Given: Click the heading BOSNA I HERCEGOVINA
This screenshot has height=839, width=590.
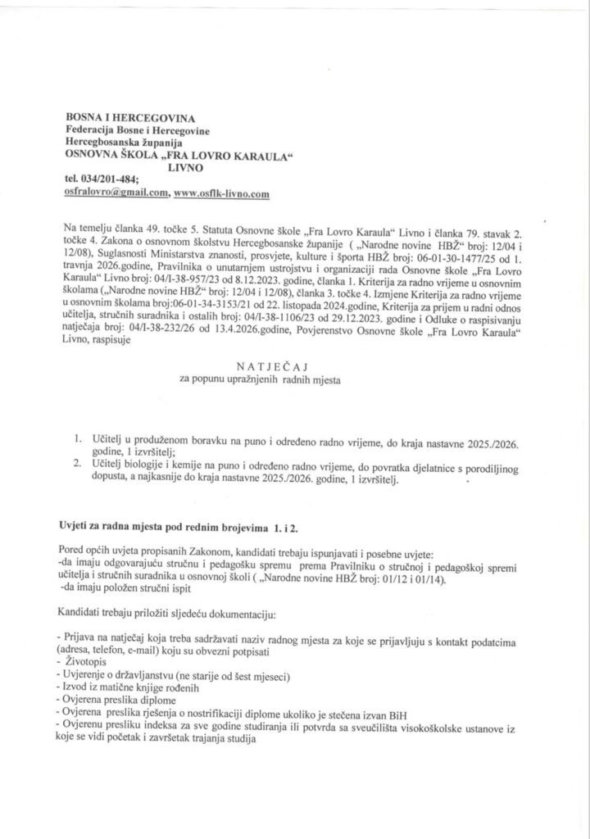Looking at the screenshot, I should tap(125, 119).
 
